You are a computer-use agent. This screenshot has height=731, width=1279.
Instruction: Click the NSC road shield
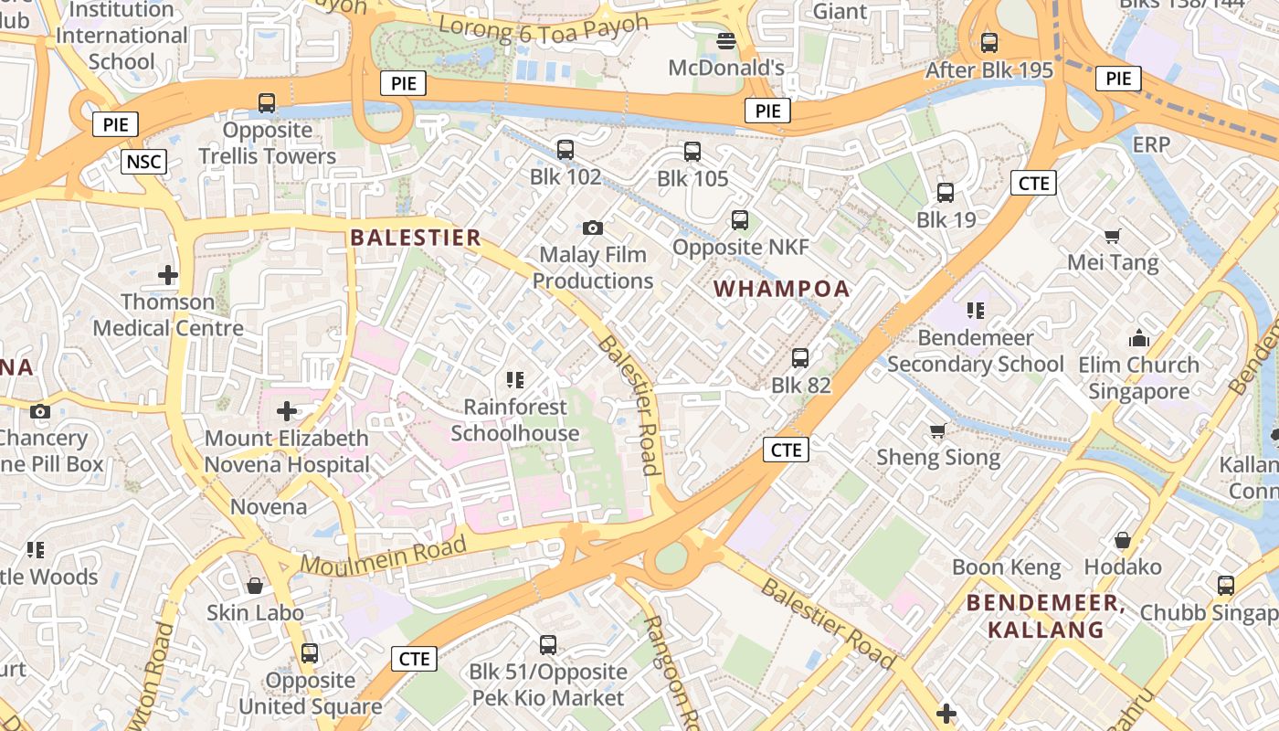point(143,163)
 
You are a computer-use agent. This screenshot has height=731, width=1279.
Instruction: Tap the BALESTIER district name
point(416,238)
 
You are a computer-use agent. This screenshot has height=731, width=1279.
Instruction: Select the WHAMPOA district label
point(781,289)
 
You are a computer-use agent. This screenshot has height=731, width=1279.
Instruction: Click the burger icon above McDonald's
point(726,41)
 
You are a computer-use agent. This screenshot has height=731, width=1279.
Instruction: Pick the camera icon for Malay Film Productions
point(592,228)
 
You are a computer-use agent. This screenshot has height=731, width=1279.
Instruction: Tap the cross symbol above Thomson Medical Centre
point(168,274)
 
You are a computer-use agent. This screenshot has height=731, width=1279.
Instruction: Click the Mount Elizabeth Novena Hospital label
point(286,451)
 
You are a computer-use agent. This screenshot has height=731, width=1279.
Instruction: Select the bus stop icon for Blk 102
point(566,149)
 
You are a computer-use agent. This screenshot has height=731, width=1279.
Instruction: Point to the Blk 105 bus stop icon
point(692,152)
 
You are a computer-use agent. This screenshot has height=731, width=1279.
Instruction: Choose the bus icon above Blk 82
point(800,357)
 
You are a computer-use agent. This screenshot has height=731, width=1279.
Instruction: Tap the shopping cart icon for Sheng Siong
point(937,430)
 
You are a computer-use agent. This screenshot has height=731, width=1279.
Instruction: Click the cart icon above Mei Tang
point(1112,237)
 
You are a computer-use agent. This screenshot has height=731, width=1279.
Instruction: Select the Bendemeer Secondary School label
point(976,351)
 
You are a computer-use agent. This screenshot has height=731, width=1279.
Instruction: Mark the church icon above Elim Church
point(1138,338)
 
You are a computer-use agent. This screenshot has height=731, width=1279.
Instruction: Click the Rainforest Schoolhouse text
point(514,420)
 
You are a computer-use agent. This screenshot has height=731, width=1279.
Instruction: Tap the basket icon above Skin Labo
point(255,586)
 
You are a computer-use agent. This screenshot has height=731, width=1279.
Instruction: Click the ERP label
point(1151,145)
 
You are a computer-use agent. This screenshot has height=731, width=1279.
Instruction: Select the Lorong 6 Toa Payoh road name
point(543,25)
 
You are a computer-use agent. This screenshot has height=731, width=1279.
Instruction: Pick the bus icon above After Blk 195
point(988,42)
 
